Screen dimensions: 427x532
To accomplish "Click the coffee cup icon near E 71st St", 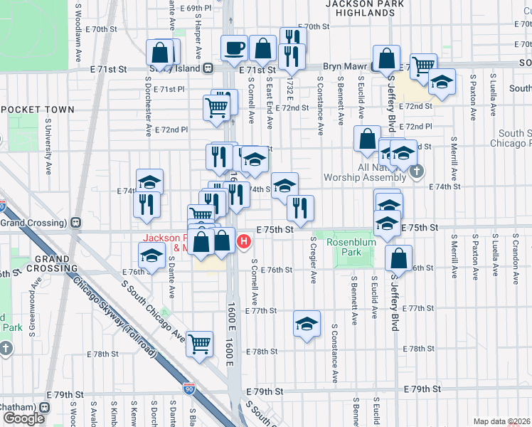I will (234, 48).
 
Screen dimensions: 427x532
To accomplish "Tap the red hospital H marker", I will (244, 242).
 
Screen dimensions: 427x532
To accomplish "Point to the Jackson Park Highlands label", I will (364, 8).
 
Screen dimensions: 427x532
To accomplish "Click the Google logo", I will (24, 418).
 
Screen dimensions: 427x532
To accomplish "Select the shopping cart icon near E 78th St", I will (200, 344).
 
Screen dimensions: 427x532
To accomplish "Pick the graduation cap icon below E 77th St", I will (307, 325).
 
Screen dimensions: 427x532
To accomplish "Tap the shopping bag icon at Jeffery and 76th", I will (399, 258).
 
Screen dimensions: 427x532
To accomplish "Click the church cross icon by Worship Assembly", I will (417, 172).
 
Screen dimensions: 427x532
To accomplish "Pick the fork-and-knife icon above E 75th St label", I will (301, 207).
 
